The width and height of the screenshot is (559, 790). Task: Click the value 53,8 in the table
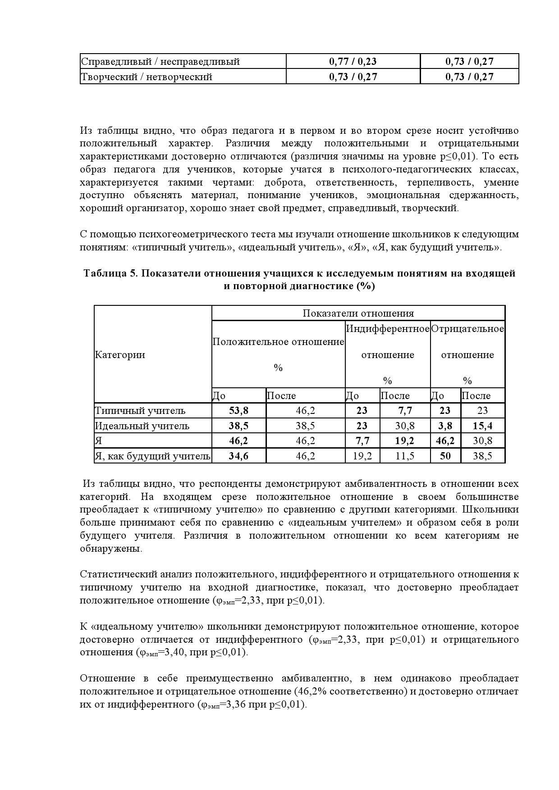(238, 411)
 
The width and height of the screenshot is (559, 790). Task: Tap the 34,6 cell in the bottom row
(238, 456)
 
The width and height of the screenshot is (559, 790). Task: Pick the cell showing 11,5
(405, 456)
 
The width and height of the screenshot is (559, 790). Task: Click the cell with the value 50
(445, 456)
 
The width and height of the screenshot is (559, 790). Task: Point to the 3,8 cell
(445, 426)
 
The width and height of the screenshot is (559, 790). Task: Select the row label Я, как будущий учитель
(152, 456)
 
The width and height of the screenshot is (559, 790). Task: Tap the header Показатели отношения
(358, 313)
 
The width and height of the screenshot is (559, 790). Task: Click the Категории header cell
(120, 355)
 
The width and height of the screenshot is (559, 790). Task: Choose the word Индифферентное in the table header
(387, 329)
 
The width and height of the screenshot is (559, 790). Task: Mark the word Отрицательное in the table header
(467, 329)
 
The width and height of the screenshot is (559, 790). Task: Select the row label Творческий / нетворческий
(147, 77)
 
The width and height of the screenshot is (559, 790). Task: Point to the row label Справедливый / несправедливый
(160, 62)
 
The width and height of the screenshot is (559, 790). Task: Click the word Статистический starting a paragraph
(112, 575)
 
